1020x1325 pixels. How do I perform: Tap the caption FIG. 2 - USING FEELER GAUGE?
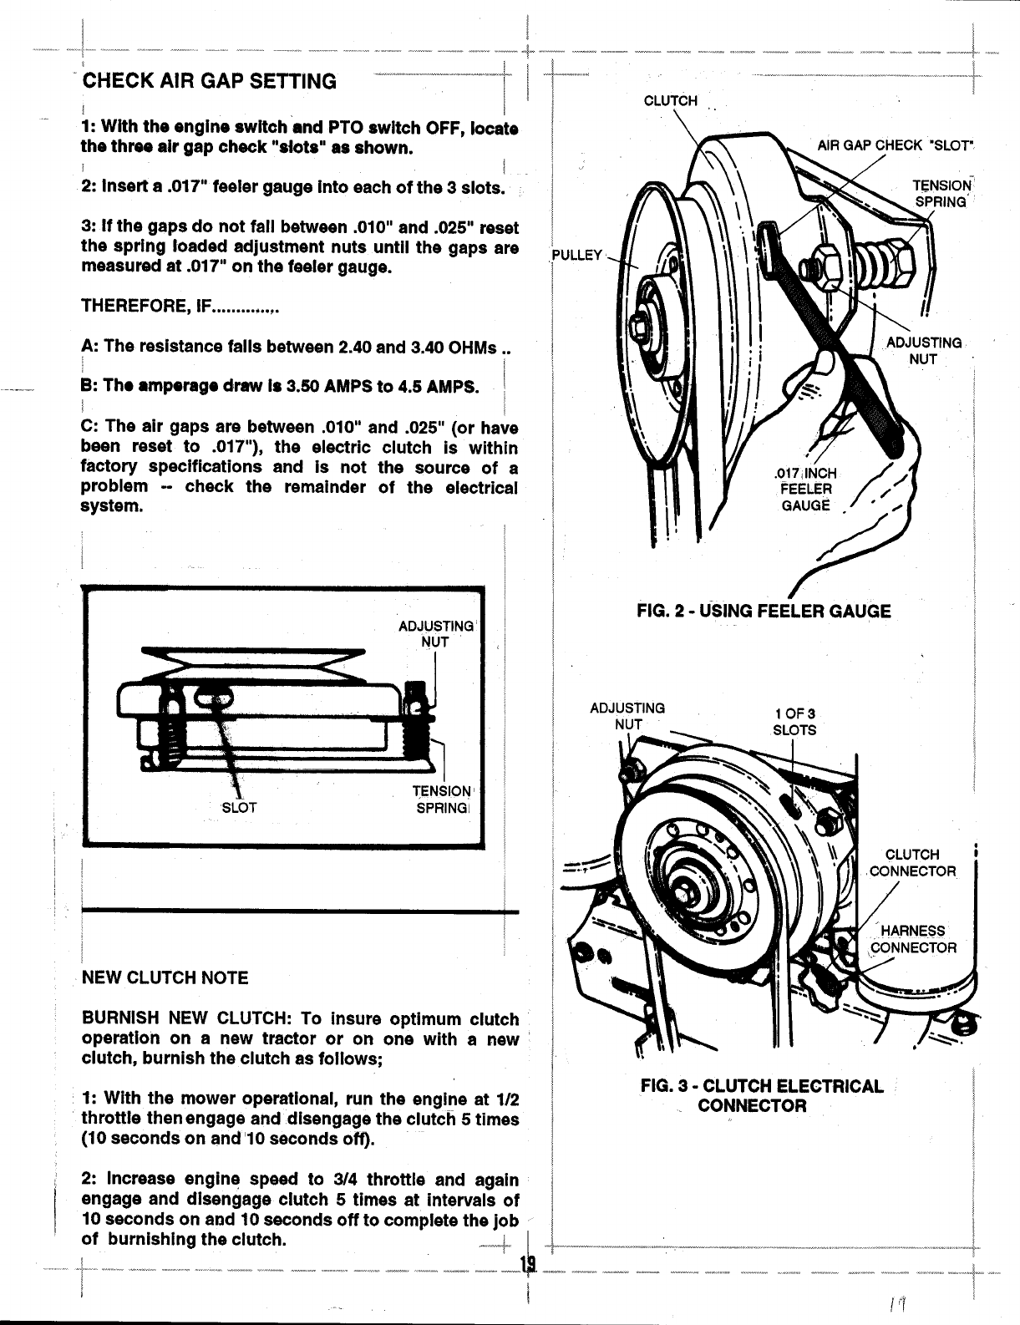pyautogui.click(x=763, y=611)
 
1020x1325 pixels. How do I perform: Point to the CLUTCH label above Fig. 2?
pyautogui.click(x=670, y=101)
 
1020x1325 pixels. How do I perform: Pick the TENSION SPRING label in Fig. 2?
pyautogui.click(x=941, y=193)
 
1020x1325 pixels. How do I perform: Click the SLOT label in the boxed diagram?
pyautogui.click(x=239, y=808)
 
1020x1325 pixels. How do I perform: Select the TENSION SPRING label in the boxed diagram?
pyautogui.click(x=443, y=800)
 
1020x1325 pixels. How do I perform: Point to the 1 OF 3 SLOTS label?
pyautogui.click(x=794, y=722)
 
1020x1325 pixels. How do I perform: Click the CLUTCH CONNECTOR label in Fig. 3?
pyautogui.click(x=911, y=862)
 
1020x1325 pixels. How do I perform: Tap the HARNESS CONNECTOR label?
pyautogui.click(x=913, y=939)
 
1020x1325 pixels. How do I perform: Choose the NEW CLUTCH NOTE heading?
pyautogui.click(x=165, y=977)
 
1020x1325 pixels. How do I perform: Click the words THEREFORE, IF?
pyautogui.click(x=179, y=307)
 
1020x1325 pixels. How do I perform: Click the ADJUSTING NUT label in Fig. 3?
pyautogui.click(x=627, y=716)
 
